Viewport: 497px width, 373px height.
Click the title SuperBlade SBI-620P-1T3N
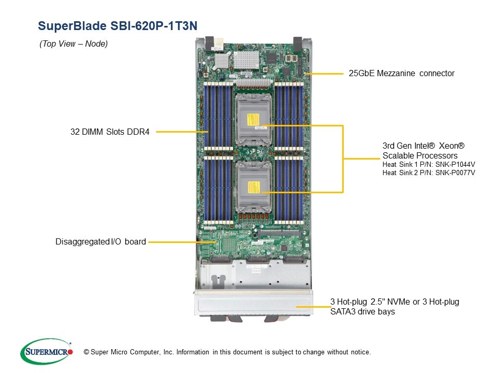tap(118, 25)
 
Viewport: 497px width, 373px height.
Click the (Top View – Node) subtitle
tap(74, 44)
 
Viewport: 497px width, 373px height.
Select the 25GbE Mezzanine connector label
tap(401, 74)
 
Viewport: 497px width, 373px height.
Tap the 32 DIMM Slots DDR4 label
tap(110, 132)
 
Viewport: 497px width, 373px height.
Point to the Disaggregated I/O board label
tap(100, 241)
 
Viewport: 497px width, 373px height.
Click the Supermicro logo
tap(47, 352)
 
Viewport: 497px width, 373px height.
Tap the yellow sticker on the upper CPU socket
tap(254, 120)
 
